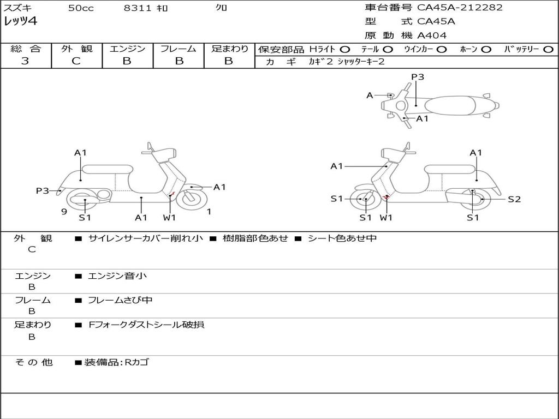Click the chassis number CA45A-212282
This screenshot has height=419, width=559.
[460, 8]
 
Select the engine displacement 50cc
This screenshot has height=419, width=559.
[81, 8]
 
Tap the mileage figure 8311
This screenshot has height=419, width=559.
[138, 8]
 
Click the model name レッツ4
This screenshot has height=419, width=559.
[21, 22]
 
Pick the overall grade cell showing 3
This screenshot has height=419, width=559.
[25, 61]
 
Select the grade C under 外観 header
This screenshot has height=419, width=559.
[76, 61]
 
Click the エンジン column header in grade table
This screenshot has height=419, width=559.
[128, 49]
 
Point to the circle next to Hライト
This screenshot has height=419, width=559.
[344, 49]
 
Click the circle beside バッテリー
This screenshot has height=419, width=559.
[549, 49]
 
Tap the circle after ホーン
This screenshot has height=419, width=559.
[486, 49]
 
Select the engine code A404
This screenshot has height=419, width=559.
[432, 35]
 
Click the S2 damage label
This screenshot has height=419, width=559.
[514, 199]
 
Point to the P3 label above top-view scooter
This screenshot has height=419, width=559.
[418, 77]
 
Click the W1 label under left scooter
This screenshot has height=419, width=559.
[170, 218]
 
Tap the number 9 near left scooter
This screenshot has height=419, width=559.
[64, 212]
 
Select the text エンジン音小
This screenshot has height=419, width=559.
[117, 276]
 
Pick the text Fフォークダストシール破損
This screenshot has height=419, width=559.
[146, 325]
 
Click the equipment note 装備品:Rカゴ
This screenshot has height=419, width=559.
[116, 362]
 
